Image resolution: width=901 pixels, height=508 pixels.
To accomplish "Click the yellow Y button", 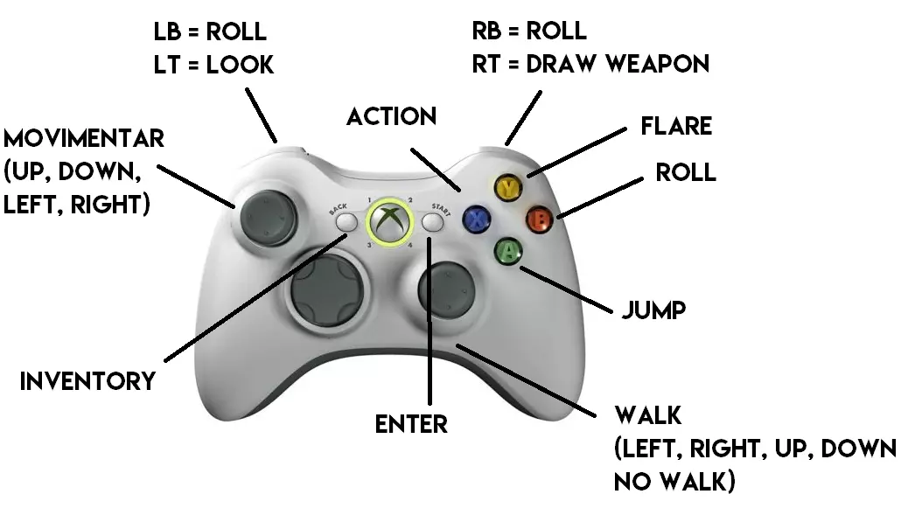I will click(x=508, y=187).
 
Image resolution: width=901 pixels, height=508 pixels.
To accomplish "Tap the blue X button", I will click(x=477, y=219).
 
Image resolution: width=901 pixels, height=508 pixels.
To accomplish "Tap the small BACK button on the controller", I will click(x=347, y=223).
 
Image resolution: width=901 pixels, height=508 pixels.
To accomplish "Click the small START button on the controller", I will click(x=432, y=223).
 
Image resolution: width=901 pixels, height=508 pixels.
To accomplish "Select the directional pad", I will click(x=325, y=292).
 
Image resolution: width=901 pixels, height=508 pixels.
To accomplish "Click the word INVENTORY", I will click(x=87, y=381).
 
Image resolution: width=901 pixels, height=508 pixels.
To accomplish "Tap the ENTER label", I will click(x=411, y=424).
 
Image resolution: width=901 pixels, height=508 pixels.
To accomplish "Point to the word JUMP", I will click(x=653, y=310).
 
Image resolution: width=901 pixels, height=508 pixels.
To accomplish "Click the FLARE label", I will click(x=676, y=126).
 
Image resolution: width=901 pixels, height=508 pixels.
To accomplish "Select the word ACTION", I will click(x=391, y=116).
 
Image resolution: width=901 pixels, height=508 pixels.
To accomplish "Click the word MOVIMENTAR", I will click(x=84, y=139).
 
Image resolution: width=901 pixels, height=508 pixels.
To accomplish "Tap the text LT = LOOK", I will click(x=213, y=65).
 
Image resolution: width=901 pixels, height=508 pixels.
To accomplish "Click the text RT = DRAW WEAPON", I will click(x=590, y=64).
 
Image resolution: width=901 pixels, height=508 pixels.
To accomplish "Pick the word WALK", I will click(x=648, y=414).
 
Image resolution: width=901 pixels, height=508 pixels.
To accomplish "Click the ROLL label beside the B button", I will click(x=686, y=172).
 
